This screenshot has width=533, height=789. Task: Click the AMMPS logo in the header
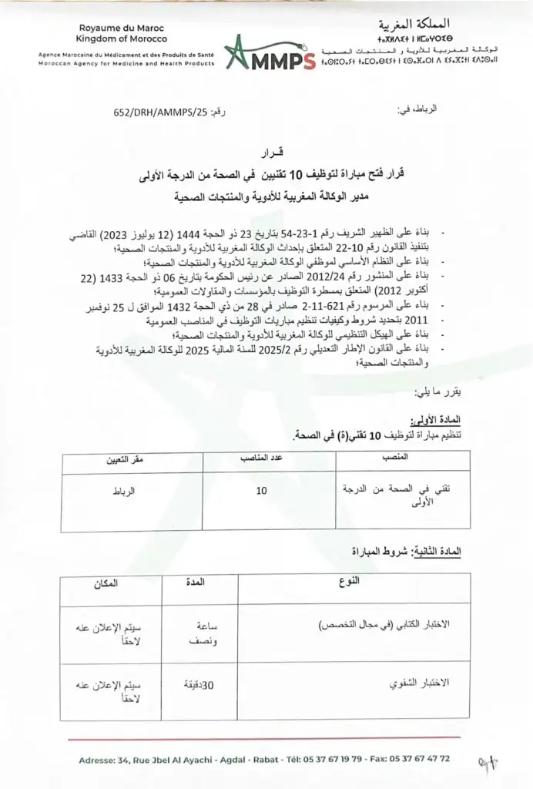(x=270, y=54)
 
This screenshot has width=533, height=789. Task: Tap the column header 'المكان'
(x=109, y=583)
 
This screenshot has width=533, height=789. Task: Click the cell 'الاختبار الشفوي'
(x=418, y=683)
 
